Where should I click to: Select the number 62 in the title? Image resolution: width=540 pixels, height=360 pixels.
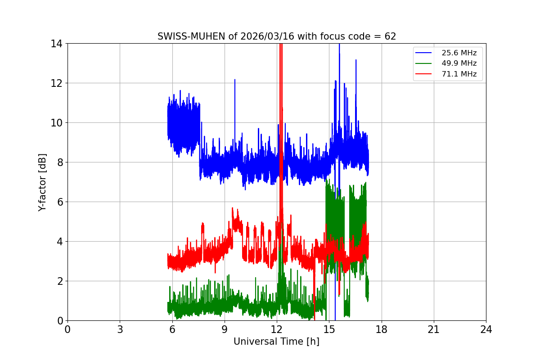click(390, 36)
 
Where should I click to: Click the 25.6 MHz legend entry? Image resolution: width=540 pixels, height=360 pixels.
click(459, 53)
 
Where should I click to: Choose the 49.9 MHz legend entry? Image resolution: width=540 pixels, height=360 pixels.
click(459, 63)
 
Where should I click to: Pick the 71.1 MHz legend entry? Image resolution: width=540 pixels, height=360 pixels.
click(459, 74)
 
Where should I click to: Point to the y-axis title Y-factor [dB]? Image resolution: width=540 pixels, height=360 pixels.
click(42, 182)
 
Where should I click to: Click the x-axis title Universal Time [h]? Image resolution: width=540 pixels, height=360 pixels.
click(276, 342)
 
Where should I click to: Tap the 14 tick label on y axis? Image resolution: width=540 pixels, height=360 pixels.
click(57, 44)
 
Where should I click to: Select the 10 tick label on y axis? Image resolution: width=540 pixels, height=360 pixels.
click(57, 123)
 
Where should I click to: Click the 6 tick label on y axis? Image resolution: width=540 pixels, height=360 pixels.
click(59, 202)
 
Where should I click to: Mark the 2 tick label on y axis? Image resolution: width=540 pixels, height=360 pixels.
click(59, 281)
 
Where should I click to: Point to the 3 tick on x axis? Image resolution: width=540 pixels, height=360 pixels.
click(120, 329)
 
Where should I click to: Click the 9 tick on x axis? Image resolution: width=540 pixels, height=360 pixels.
click(225, 329)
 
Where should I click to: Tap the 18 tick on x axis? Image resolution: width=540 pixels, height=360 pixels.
click(381, 329)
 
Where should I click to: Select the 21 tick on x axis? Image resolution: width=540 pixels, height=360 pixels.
click(434, 329)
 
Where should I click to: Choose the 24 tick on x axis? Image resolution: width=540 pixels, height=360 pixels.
click(486, 329)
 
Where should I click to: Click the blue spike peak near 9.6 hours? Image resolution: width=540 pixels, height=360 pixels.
click(234, 80)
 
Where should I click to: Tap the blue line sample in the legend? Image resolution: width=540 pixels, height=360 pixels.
click(425, 53)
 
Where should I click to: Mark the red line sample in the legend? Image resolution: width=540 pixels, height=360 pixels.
click(425, 74)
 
